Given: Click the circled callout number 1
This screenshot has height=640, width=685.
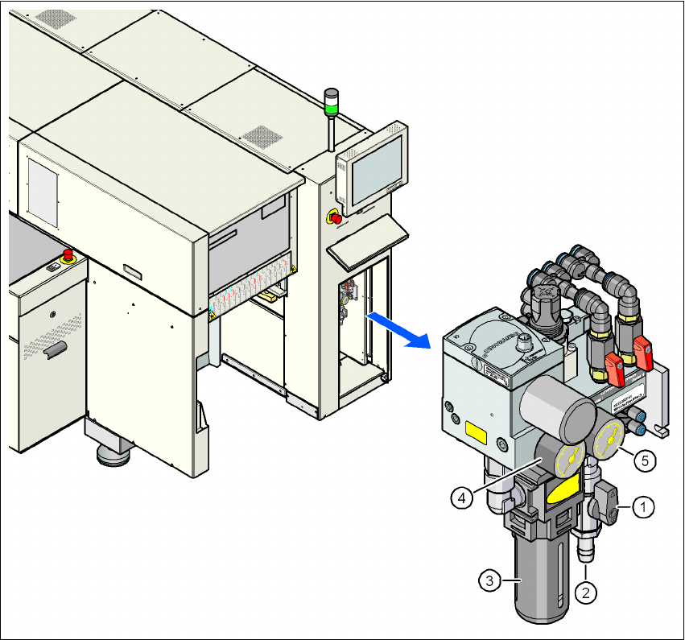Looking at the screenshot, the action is pyautogui.click(x=642, y=507).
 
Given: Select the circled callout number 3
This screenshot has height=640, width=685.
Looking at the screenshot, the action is pyautogui.click(x=488, y=578).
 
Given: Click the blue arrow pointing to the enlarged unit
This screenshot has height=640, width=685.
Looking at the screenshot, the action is pyautogui.click(x=398, y=330).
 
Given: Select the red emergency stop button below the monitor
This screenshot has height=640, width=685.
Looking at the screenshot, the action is pyautogui.click(x=335, y=217).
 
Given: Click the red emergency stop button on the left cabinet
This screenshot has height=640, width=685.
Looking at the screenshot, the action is pyautogui.click(x=68, y=257).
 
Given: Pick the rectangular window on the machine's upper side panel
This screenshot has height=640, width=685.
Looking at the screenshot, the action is pyautogui.click(x=43, y=190).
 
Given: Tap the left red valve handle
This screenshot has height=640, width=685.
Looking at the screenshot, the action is pyautogui.click(x=613, y=370).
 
